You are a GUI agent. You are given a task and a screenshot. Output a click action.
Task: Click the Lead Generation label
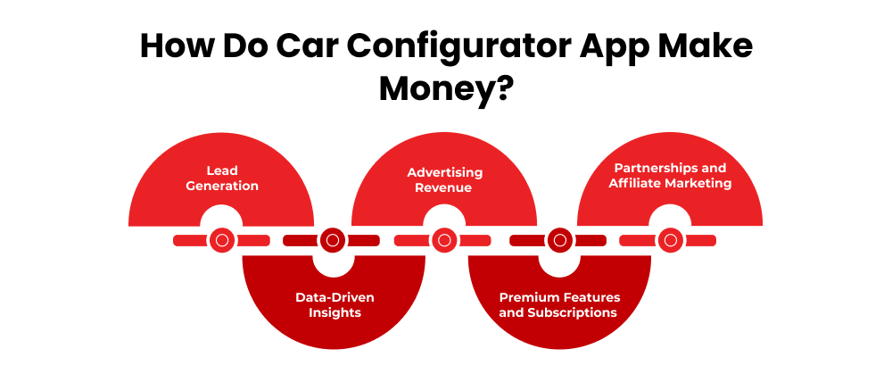221,178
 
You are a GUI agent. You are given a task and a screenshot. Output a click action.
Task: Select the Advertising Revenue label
444,179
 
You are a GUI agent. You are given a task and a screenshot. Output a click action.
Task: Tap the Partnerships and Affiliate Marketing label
670,176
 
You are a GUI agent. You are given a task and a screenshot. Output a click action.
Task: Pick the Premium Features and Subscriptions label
559,304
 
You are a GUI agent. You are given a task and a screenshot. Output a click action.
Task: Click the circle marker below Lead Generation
221,240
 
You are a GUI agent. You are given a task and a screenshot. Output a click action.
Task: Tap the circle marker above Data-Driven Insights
332,240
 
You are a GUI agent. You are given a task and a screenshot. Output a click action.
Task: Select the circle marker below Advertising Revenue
443,240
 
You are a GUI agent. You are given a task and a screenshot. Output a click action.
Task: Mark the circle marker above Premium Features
558,240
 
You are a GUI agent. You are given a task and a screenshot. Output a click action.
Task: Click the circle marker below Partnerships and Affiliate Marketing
670,240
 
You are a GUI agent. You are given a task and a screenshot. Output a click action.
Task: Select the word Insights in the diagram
334,312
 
